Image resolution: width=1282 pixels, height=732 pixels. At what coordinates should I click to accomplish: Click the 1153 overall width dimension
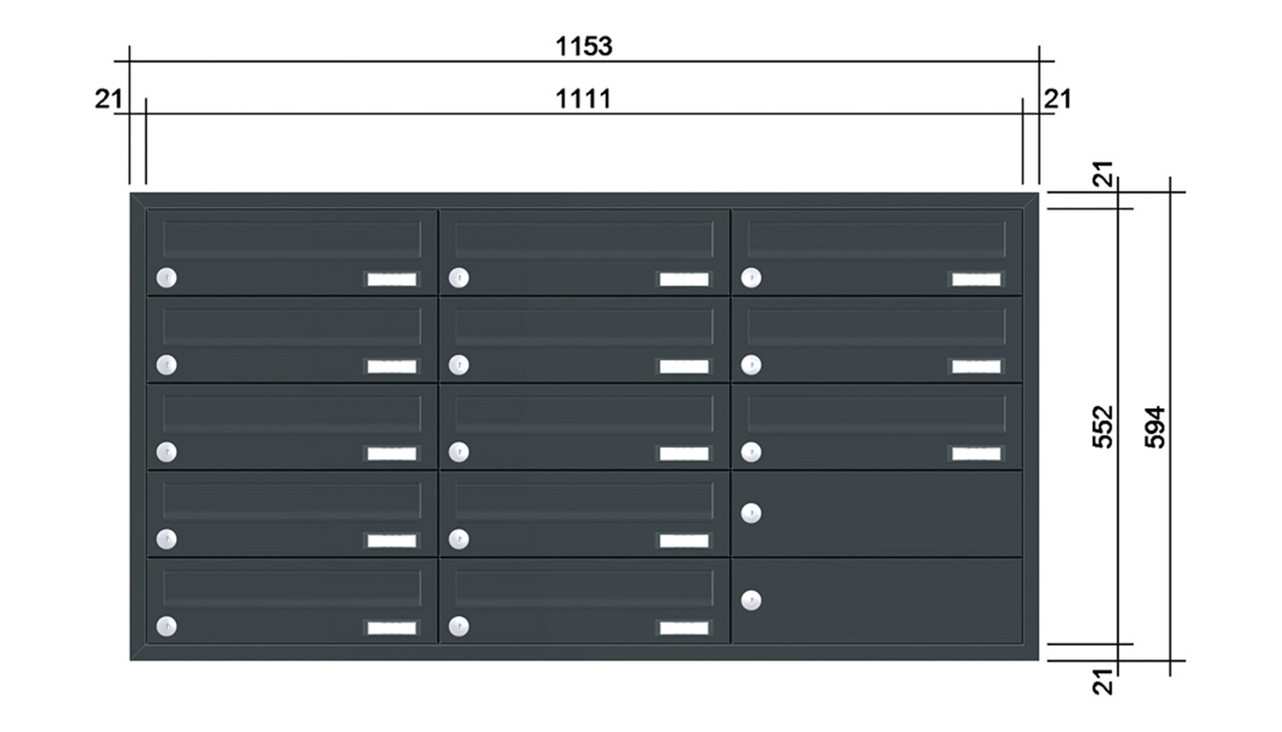coord(584,46)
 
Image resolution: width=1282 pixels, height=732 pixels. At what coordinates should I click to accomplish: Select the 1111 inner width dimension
coord(584,100)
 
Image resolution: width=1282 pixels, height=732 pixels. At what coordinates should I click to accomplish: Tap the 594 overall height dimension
coord(1155,427)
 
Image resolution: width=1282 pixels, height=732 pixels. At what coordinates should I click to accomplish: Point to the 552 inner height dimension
coord(1103,427)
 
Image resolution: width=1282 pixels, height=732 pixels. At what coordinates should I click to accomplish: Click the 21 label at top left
coord(109,100)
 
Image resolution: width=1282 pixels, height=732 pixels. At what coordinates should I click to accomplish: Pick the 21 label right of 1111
coord(1058,100)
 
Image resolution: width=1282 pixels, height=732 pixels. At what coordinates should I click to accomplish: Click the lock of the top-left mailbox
coord(167,278)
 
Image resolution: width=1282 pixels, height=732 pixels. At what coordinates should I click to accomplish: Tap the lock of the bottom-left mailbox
coord(167,626)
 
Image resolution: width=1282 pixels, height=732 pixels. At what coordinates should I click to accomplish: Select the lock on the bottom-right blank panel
coord(751,600)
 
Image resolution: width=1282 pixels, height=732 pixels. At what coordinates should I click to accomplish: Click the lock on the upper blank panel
coord(751,512)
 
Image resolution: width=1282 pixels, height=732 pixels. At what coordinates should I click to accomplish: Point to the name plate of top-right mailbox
coord(976,279)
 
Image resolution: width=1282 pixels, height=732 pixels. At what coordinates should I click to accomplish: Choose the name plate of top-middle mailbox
coord(684,279)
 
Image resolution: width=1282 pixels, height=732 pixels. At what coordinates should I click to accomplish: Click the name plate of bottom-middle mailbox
coord(684,628)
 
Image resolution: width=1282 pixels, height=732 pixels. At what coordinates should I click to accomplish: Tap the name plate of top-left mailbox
coord(391,279)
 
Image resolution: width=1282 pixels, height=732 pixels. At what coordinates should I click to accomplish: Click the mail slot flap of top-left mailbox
coord(292,239)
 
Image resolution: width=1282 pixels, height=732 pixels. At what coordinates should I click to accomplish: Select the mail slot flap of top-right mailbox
coord(876,239)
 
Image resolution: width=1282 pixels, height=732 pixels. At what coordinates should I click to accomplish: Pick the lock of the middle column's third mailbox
coord(459,452)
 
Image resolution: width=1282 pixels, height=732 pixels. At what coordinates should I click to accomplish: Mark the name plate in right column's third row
coord(976,453)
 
